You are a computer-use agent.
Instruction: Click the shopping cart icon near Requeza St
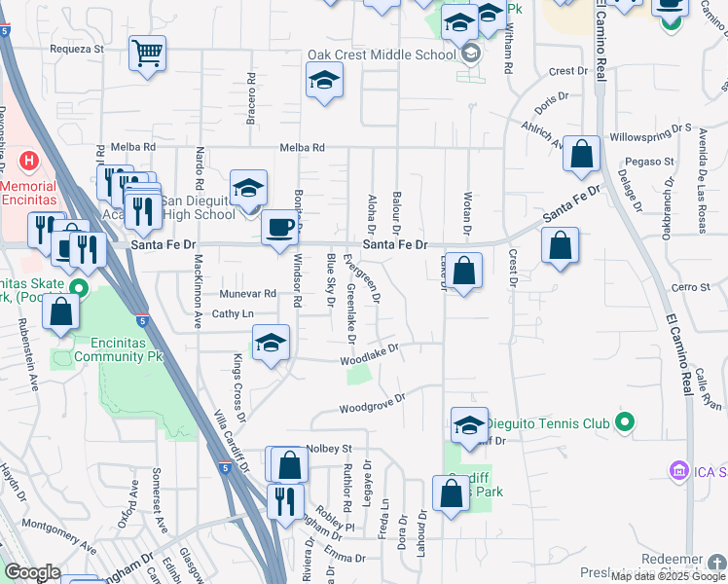(x=148, y=53)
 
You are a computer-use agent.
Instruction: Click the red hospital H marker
(x=29, y=160)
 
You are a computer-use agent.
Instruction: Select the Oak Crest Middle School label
(x=382, y=55)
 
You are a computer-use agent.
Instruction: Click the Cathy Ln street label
(x=233, y=313)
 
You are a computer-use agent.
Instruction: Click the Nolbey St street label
(x=328, y=448)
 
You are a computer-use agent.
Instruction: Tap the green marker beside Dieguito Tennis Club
(x=625, y=422)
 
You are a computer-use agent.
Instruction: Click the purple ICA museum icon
(x=679, y=472)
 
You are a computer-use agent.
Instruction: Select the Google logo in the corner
(x=32, y=572)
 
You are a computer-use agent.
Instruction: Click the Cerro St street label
(x=692, y=287)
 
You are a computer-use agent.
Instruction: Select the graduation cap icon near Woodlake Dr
(x=272, y=343)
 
